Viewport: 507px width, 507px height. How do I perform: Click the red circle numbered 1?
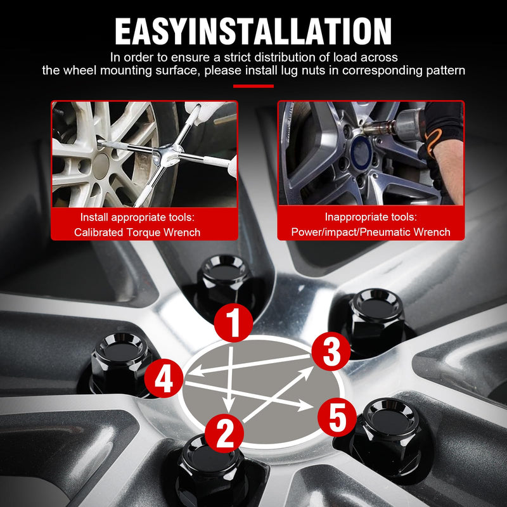233,323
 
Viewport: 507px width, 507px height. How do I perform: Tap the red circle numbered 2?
224,433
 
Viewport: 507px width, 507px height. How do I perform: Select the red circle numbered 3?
331,352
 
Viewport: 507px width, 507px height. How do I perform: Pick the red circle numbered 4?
164,378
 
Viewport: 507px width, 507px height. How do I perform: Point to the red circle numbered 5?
337,417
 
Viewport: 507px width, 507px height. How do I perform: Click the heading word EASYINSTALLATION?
253,31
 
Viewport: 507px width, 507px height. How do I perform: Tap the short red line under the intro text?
253,86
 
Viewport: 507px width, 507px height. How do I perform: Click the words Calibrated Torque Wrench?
137,232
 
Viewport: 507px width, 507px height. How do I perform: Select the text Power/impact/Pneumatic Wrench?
371,232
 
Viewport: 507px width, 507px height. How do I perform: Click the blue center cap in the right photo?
361,152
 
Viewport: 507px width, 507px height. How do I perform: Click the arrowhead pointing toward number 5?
305,405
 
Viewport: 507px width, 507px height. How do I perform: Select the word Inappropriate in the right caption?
350,217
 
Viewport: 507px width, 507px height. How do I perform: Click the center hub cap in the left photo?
101,166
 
